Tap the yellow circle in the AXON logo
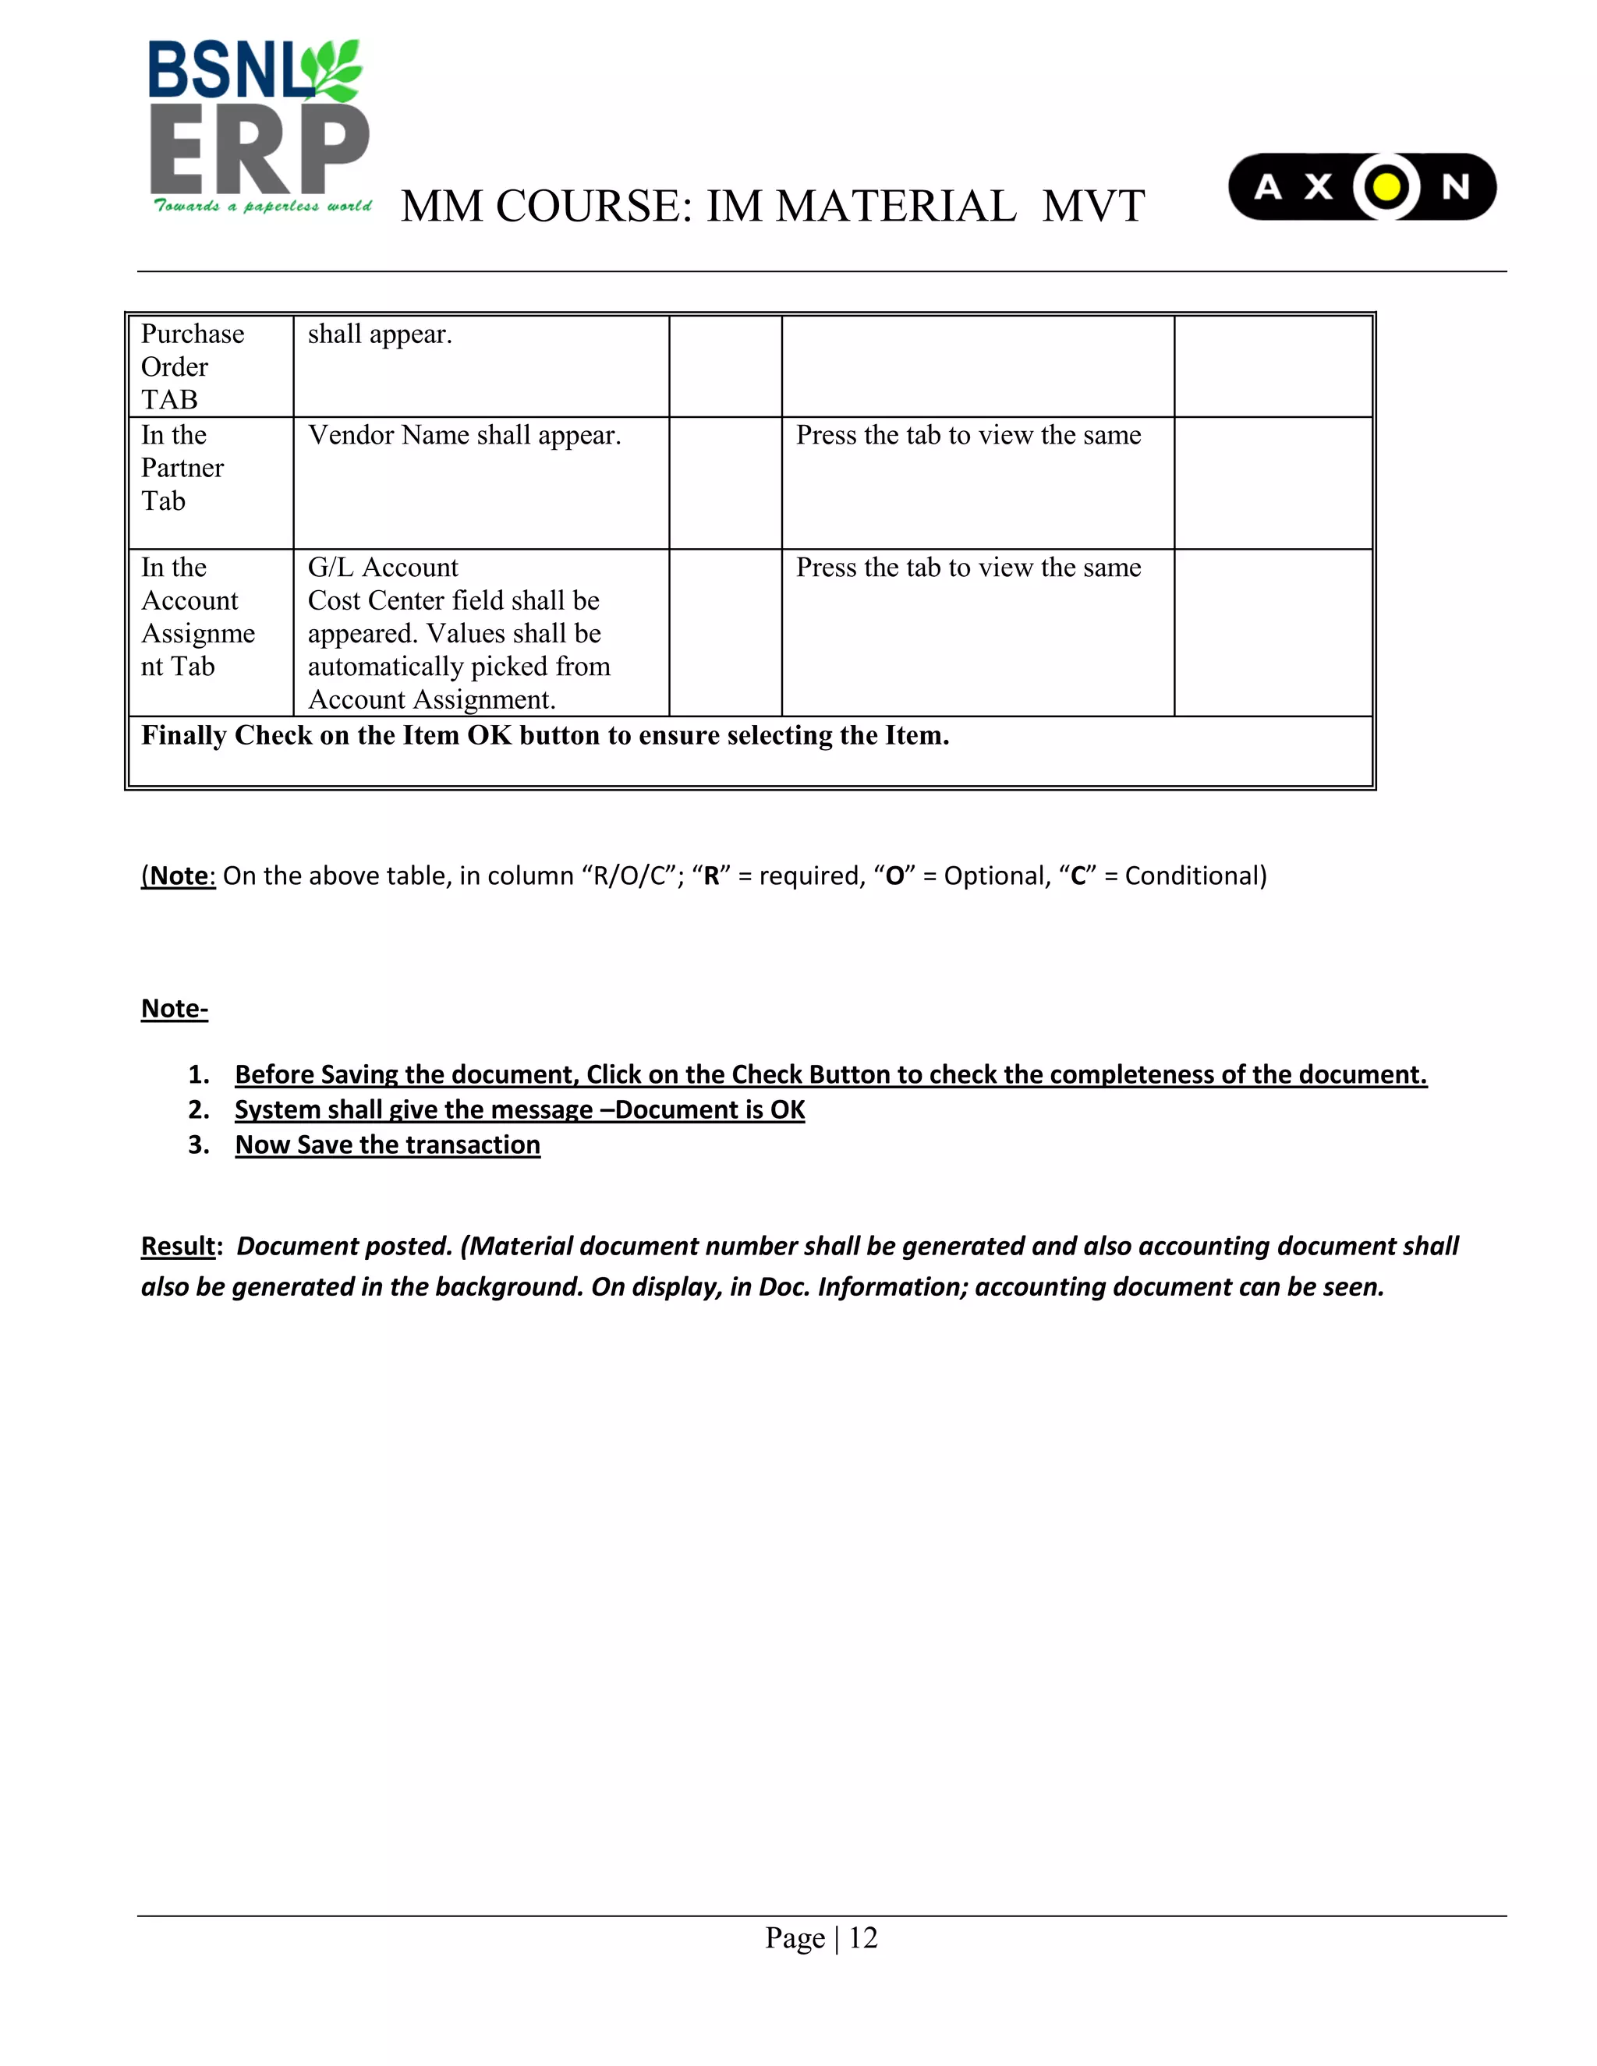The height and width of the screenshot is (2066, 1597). coord(1385,187)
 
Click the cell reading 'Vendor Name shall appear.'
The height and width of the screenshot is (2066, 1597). coord(464,435)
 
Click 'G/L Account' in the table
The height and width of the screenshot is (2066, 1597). coord(382,568)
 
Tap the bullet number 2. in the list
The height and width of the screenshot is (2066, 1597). coord(198,1109)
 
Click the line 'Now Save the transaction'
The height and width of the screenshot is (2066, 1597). coord(387,1145)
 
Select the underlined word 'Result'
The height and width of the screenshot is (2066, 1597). coord(178,1246)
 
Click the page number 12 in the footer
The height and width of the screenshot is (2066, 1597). coord(863,1938)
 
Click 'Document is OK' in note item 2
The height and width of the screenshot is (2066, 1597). coord(710,1109)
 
